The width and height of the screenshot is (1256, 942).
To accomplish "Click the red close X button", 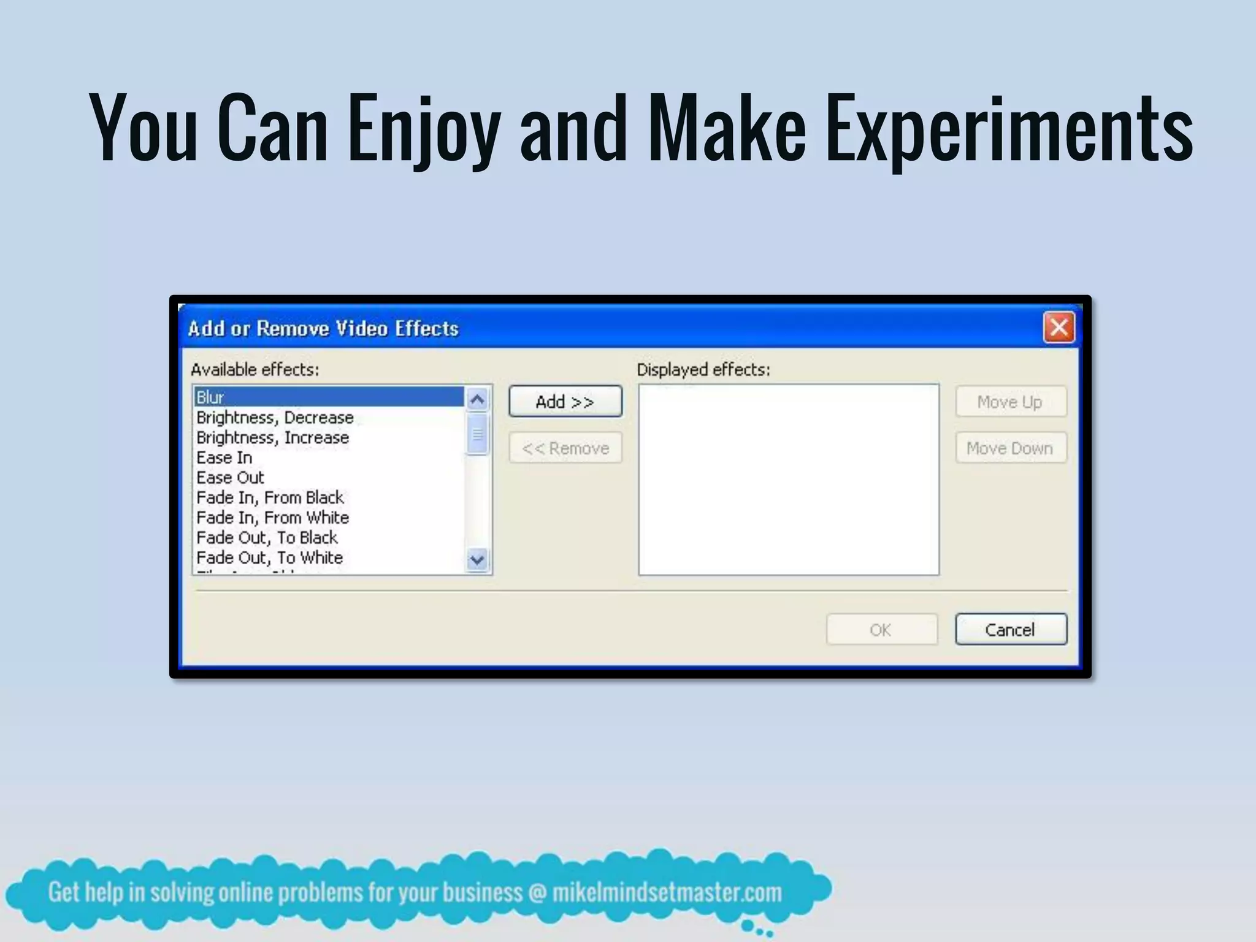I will point(1059,327).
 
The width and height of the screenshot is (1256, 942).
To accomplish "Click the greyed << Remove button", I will point(565,448).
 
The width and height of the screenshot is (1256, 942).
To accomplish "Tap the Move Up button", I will point(1010,402).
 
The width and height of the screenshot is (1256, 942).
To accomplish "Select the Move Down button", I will point(1010,448).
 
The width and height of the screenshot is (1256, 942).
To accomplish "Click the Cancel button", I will point(1010,630).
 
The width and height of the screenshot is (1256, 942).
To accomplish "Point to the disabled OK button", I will point(881,630).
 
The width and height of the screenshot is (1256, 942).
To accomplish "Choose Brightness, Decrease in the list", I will point(275,418).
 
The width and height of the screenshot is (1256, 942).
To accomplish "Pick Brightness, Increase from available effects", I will point(272,438).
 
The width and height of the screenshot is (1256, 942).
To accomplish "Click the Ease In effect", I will point(224,458).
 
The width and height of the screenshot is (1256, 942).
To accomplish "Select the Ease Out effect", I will point(230,478).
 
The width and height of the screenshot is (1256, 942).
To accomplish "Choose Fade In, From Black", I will point(270,497).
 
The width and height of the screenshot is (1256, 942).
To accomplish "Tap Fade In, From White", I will point(272,518).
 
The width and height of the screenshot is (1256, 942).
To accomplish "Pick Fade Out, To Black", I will point(267,538).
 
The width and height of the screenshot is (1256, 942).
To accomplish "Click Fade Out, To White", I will point(269,557).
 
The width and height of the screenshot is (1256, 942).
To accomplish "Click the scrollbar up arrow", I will point(477,400).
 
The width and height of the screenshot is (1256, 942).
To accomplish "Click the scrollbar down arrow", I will point(477,559).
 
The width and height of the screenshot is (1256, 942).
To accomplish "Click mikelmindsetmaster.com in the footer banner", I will point(667,893).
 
